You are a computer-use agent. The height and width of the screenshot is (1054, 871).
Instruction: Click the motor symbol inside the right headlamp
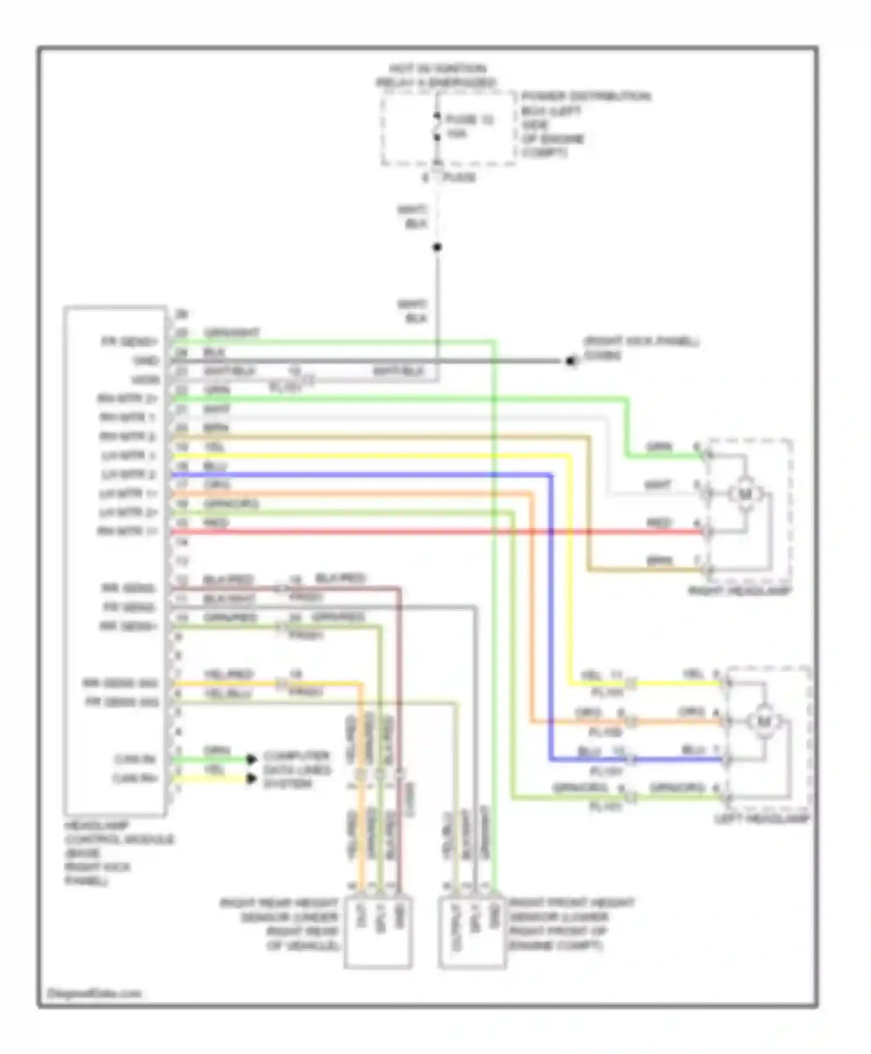point(744,494)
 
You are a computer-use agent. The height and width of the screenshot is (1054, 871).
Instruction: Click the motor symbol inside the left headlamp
point(763,722)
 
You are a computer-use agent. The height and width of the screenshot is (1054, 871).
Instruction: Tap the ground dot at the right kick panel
point(571,361)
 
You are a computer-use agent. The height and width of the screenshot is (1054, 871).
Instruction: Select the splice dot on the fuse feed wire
point(437,248)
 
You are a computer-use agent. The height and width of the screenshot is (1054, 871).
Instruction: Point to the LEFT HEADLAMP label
point(761,819)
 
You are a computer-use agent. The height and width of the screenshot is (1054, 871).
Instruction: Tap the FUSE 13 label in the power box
point(469,120)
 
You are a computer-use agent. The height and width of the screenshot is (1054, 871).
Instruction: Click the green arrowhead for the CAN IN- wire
point(251,759)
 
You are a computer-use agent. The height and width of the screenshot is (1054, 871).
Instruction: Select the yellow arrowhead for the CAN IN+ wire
point(251,779)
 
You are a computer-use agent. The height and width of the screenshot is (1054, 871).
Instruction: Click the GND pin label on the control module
point(145,361)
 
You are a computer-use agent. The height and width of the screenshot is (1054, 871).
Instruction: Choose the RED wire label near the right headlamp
point(658,524)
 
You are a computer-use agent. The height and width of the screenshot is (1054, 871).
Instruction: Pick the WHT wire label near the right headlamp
point(657,485)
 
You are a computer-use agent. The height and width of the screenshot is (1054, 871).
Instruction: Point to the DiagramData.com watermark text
point(94,993)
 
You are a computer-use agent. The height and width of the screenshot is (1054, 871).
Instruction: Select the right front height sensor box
point(472,933)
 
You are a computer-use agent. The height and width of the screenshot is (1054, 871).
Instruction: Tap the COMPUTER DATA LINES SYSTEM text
point(297,770)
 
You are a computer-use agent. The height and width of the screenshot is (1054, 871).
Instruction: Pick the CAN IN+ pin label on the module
point(136,779)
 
